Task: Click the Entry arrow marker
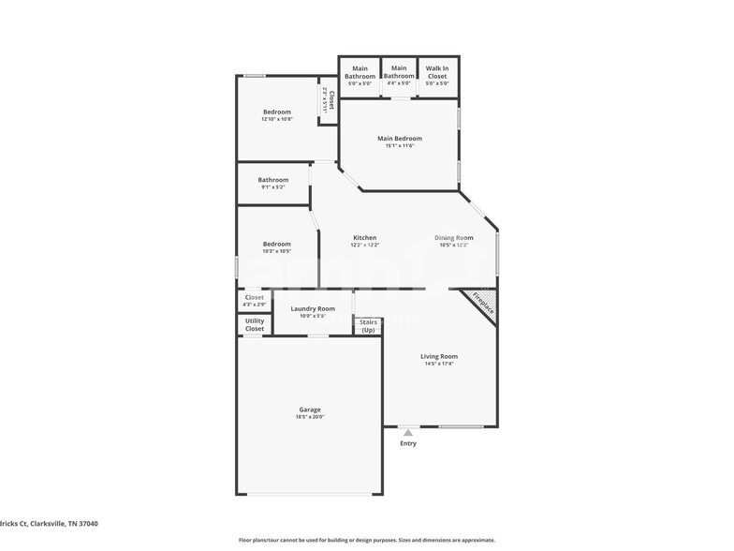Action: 408,432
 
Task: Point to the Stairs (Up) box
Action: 368,326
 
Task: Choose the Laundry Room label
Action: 313,311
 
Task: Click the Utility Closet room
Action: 255,325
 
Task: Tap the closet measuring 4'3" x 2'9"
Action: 255,301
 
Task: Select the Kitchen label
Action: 364,241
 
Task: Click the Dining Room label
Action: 454,241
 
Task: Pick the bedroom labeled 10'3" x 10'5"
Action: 276,247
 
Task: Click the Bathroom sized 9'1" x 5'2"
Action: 273,183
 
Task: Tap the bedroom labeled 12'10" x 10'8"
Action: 276,115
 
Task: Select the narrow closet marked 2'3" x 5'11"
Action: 328,100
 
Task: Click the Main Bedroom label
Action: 399,141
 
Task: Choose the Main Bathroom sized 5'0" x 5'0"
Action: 360,75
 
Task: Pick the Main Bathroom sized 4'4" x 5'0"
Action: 400,75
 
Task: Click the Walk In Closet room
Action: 437,75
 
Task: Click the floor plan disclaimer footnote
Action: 366,540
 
